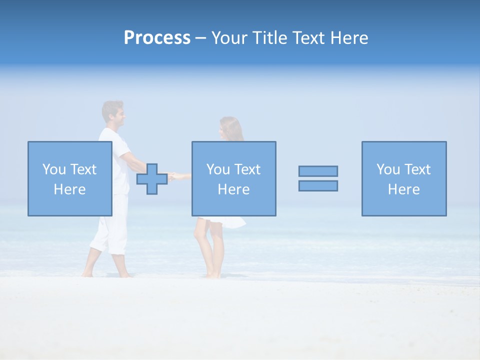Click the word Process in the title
coord(157,37)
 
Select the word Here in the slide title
coord(349,37)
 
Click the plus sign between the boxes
coord(152,178)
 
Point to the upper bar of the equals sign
coord(318,171)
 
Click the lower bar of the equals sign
coord(318,185)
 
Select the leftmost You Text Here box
coord(69,178)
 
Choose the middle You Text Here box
coord(233,178)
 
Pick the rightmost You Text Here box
coord(403,178)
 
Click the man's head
coord(113,112)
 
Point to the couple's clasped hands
coord(172,176)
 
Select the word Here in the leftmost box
coord(69,189)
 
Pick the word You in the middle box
coord(218,169)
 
